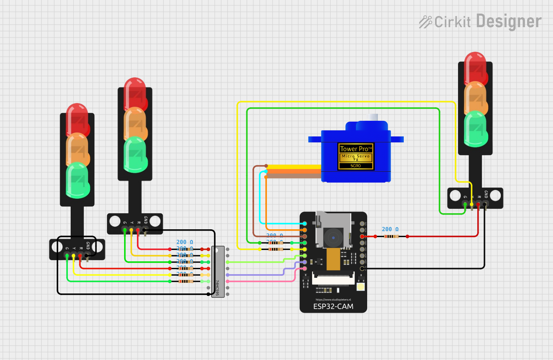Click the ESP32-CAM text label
[333, 306]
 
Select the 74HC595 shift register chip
[218, 272]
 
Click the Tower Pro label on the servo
[356, 149]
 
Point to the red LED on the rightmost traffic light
[475, 68]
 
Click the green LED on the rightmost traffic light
[476, 128]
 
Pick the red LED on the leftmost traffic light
[78, 120]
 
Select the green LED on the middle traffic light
[135, 154]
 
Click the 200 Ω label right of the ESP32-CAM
[390, 229]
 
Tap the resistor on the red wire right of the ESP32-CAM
[391, 236]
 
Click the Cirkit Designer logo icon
[425, 22]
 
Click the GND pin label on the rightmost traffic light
[486, 194]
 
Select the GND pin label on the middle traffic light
[146, 220]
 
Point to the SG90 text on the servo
[356, 166]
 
